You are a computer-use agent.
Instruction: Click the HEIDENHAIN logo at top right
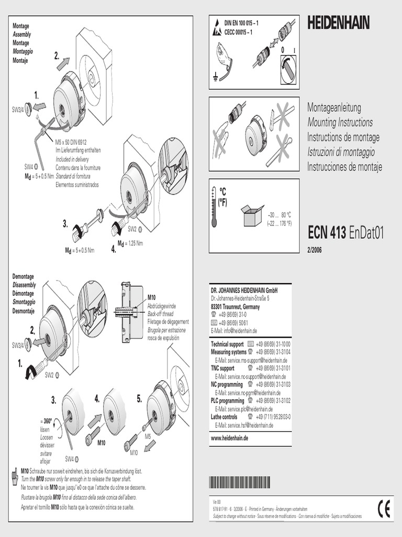point(338,23)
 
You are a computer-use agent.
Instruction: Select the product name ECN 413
point(327,233)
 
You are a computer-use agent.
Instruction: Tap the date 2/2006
point(315,250)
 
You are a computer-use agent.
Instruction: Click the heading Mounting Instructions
point(340,123)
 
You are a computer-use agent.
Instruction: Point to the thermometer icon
point(214,206)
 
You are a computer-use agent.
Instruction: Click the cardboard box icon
point(252,215)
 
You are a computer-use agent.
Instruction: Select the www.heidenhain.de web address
point(229,437)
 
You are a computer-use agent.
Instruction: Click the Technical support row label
point(227,344)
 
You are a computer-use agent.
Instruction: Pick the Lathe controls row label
point(224,417)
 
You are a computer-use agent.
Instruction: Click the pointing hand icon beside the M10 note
point(15,476)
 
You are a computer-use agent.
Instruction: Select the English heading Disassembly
point(24,285)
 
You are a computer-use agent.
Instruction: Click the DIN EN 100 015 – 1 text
point(241,24)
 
